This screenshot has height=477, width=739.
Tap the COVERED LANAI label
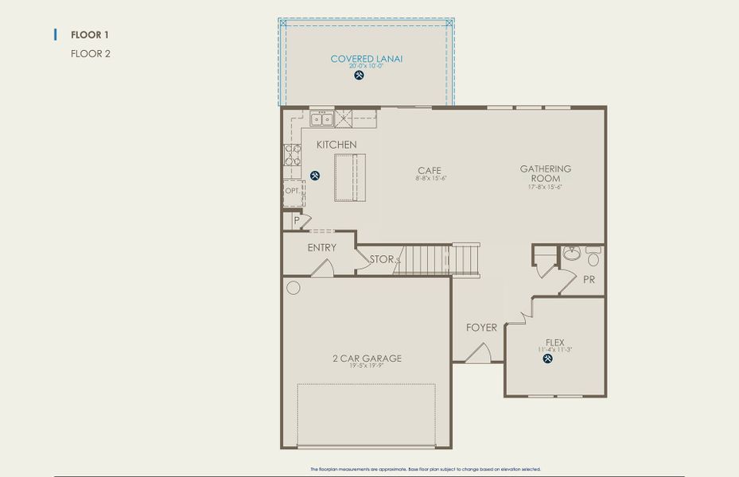coord(367,59)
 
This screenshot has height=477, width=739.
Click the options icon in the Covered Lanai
coord(359,76)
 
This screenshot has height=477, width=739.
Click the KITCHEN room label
coord(336,145)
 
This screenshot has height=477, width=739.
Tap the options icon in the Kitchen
coord(315,176)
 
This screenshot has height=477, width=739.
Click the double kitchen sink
coord(321,119)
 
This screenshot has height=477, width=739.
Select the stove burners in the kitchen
coord(292,154)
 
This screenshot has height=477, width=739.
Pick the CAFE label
coord(430,170)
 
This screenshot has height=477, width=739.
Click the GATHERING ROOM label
coord(546,173)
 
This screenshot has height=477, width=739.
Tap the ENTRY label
coord(322,247)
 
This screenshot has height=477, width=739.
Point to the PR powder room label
coord(589,280)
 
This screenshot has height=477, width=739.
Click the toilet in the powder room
coord(593,258)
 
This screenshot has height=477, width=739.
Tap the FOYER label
coord(481,328)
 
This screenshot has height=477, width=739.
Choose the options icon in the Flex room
coord(547,359)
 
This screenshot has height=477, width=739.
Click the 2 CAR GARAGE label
coord(367,359)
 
